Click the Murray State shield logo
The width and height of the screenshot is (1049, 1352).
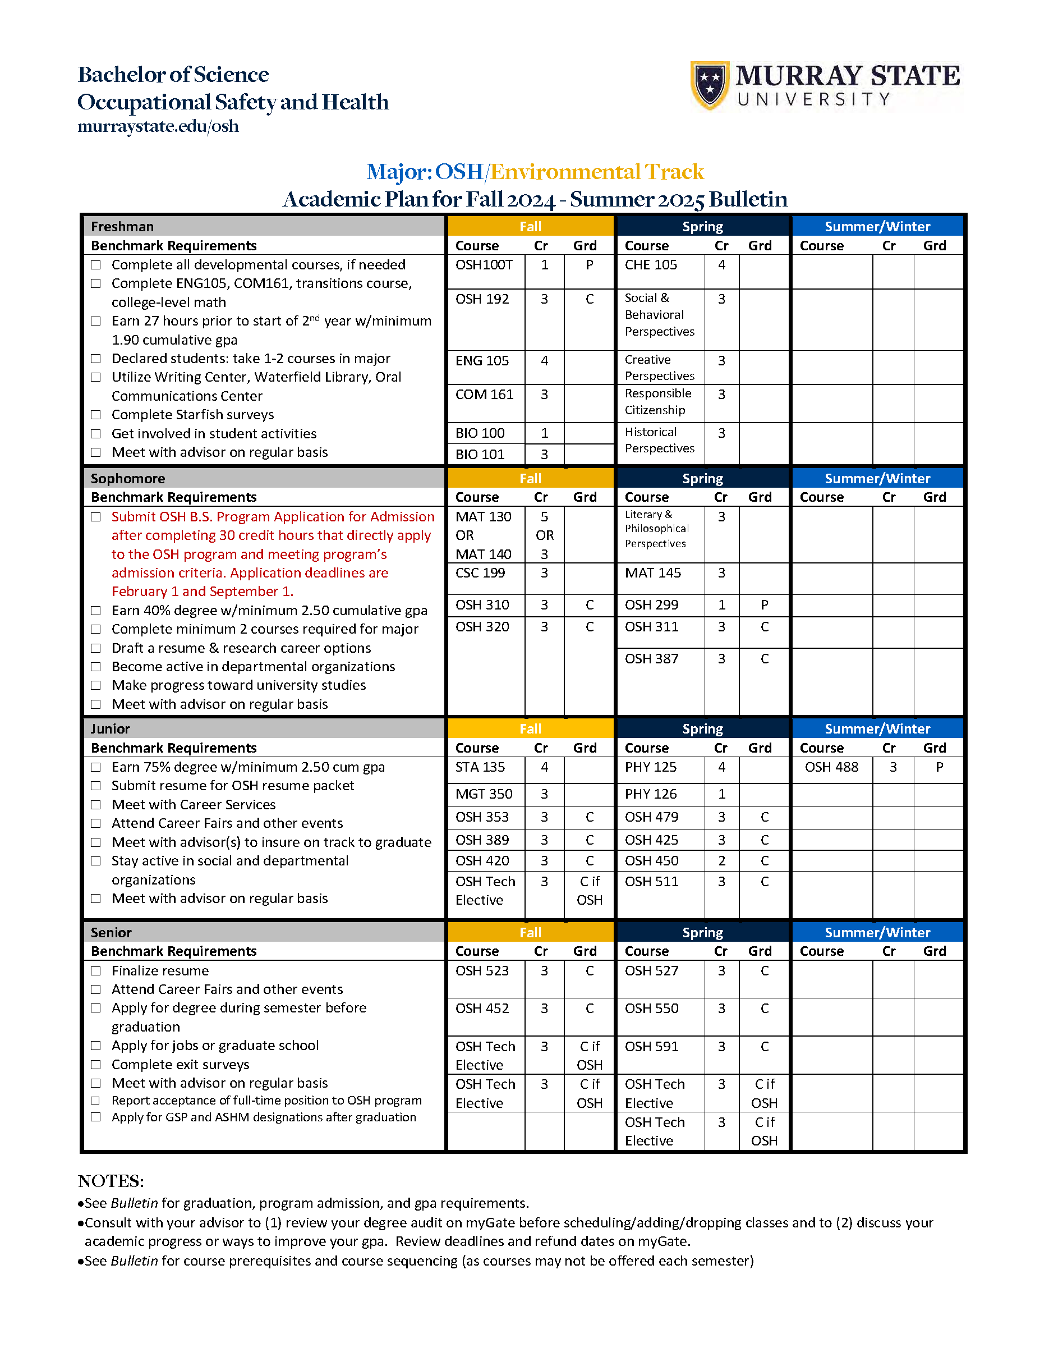[x=709, y=85]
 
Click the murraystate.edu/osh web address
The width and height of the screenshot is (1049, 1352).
[x=158, y=126]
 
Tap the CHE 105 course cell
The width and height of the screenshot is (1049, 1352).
[x=651, y=265]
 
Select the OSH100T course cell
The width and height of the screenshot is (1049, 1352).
[x=484, y=265]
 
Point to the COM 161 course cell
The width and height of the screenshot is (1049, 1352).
[x=484, y=395]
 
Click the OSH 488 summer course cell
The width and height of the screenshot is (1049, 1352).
[x=831, y=767]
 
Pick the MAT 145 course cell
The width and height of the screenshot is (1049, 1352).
[x=652, y=572]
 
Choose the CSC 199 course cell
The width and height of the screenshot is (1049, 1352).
[x=480, y=572]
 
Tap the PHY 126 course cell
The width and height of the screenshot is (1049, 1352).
[x=651, y=794]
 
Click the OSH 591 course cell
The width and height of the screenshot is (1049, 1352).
[x=651, y=1046]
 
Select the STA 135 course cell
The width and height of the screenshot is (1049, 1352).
[x=480, y=767]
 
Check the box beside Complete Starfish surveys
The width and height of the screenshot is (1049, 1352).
[x=96, y=415]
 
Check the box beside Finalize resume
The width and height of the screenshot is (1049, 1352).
[x=96, y=971]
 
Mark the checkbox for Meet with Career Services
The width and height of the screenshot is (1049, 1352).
[x=96, y=805]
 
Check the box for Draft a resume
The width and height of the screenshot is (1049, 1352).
[x=96, y=648]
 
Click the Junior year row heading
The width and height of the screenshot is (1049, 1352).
[x=110, y=728]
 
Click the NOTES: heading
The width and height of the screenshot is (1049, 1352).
[x=111, y=1181]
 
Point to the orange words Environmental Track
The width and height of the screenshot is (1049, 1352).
[x=597, y=172]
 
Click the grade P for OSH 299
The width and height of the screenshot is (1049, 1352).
[x=765, y=605]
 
